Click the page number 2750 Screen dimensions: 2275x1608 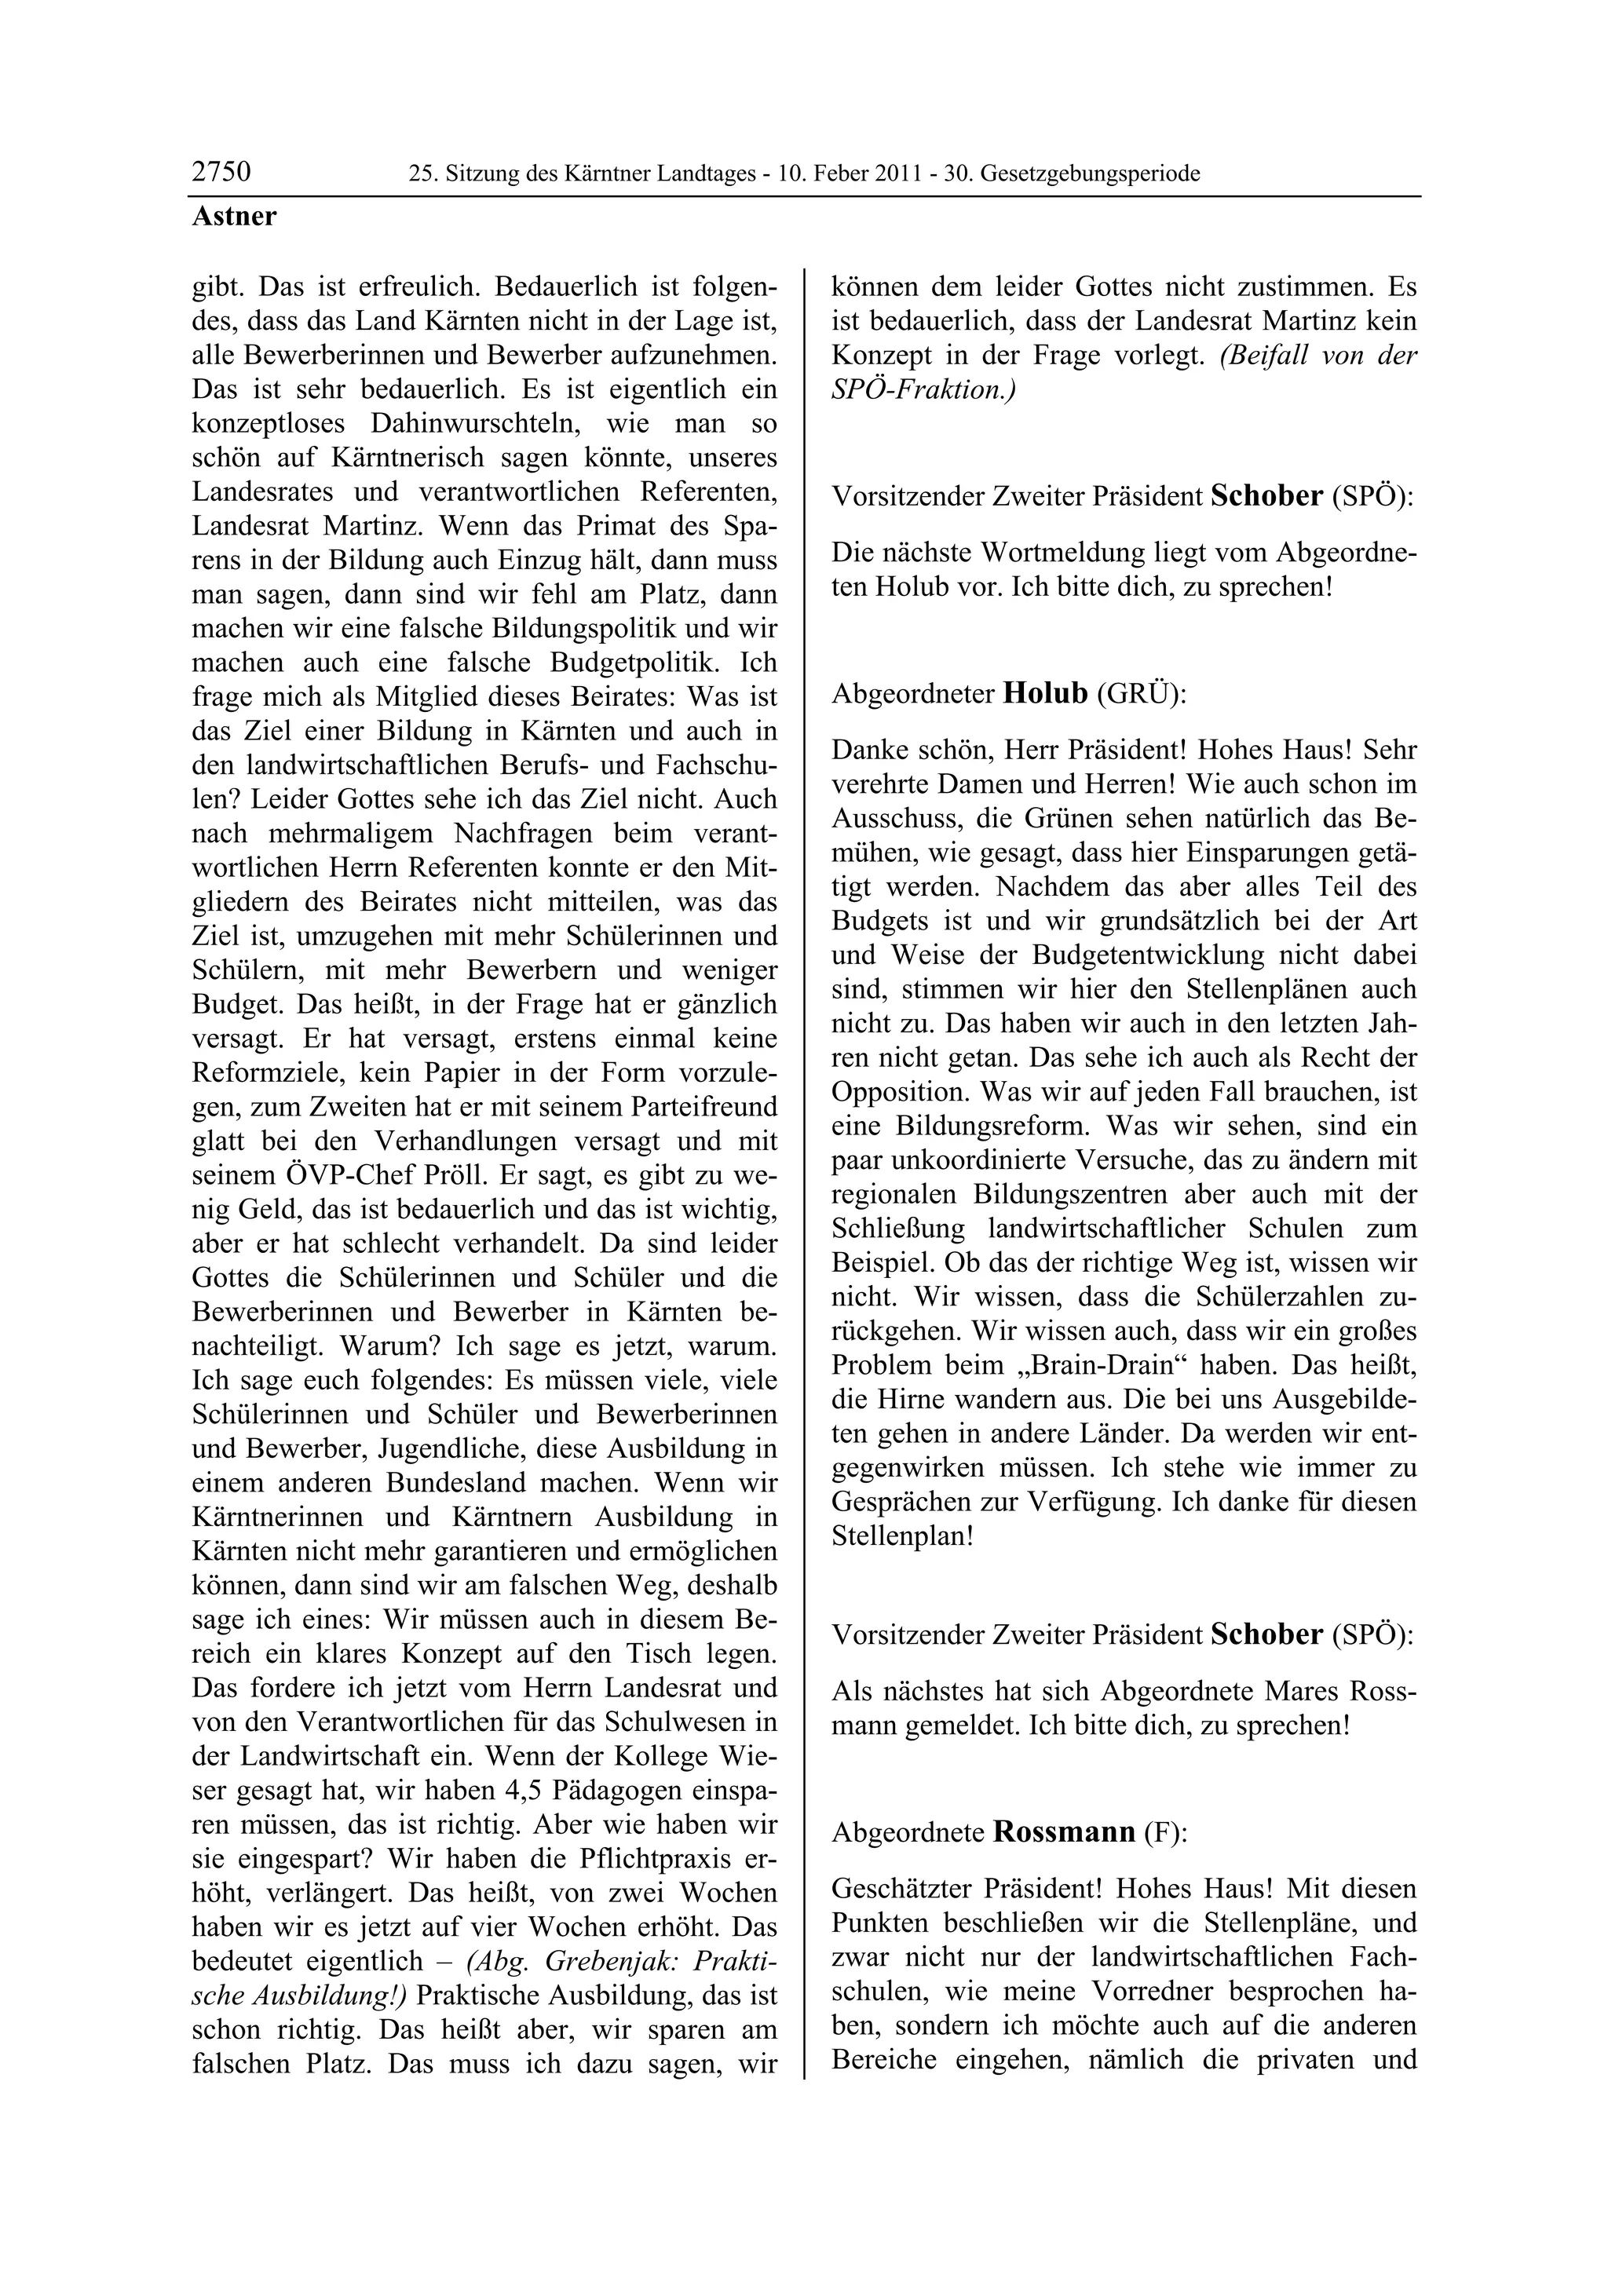(x=221, y=173)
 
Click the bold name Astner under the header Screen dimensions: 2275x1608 (x=234, y=216)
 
